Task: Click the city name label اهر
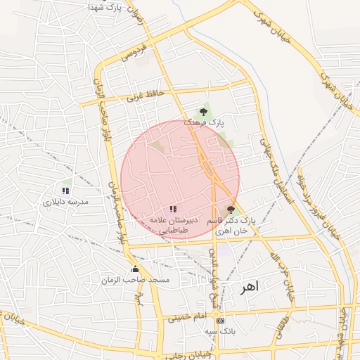pos(249,287)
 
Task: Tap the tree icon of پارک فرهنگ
pos(203,111)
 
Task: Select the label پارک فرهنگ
pos(204,122)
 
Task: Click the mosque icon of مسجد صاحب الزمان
pos(136,269)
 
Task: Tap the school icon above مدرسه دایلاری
pos(65,191)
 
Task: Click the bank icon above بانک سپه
pos(221,321)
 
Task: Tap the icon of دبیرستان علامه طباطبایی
pos(173,209)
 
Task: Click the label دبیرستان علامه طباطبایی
pos(172,224)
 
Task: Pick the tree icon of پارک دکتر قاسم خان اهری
pos(231,210)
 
